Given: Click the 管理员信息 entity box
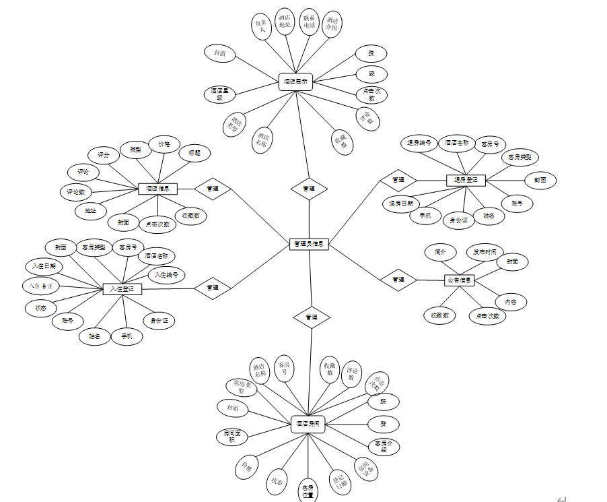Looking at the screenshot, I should pyautogui.click(x=309, y=244).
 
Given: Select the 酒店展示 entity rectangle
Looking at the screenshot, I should pyautogui.click(x=296, y=82).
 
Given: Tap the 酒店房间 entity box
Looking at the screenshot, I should pyautogui.click(x=309, y=424).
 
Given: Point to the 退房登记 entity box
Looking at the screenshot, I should pyautogui.click(x=466, y=180).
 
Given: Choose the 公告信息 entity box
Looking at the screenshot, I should pyautogui.click(x=460, y=280).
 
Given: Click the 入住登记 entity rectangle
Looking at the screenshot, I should pyautogui.click(x=122, y=289).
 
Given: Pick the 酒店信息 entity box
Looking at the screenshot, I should pyautogui.click(x=157, y=189).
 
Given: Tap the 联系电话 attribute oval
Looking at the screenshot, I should pyautogui.click(x=309, y=23).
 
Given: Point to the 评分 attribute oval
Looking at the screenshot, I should pyautogui.click(x=104, y=155).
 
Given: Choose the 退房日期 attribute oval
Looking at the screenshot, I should pyautogui.click(x=401, y=203).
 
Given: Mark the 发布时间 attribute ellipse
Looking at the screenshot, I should pyautogui.click(x=485, y=252).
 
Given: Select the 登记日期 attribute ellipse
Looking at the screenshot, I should pyautogui.click(x=340, y=482).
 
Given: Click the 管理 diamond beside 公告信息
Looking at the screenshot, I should pyautogui.click(x=398, y=280).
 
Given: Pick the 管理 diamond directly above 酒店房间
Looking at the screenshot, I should pyautogui.click(x=312, y=317).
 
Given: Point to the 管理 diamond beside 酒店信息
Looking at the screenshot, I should pyautogui.click(x=213, y=189).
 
